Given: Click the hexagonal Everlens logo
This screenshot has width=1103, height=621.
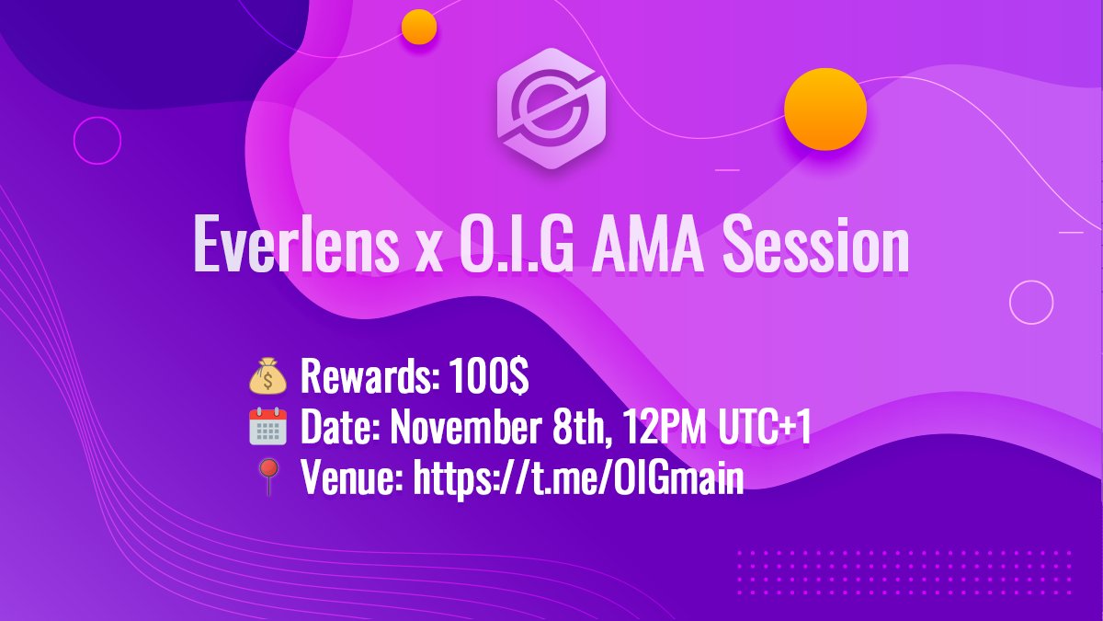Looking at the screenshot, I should click(x=550, y=109).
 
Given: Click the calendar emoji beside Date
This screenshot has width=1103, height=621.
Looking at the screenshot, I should click(x=268, y=429).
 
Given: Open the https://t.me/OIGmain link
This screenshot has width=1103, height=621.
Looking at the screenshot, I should click(x=578, y=479).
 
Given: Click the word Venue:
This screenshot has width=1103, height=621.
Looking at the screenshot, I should click(x=352, y=479).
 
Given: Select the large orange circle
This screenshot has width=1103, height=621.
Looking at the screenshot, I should click(x=824, y=109).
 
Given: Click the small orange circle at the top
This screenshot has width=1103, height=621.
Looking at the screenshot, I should click(x=419, y=27).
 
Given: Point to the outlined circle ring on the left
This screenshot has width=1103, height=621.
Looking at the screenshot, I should click(x=97, y=142).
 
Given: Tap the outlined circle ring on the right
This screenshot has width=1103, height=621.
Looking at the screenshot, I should click(x=1031, y=302).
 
